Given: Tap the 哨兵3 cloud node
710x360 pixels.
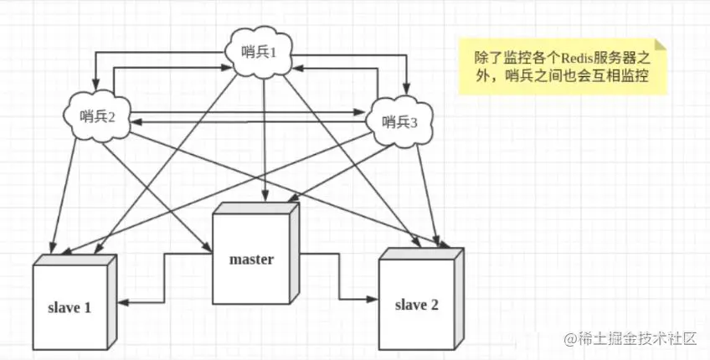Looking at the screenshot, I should tap(399, 121).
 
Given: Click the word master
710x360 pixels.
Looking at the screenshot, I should tap(251, 260).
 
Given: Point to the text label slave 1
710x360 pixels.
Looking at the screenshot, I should tap(70, 307).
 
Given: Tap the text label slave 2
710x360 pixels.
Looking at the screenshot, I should tap(416, 303).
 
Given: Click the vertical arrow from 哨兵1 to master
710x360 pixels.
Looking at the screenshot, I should tap(264, 134).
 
